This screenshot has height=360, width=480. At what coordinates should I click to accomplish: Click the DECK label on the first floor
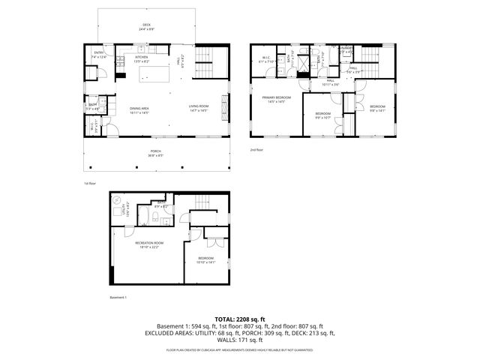[147, 25]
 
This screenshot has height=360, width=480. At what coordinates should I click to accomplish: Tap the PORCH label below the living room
[155, 151]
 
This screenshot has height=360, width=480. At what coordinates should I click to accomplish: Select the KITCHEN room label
[141, 57]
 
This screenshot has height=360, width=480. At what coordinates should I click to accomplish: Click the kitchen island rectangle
[142, 75]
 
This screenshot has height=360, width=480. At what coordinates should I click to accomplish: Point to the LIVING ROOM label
[199, 106]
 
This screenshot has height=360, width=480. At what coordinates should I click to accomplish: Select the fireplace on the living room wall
[223, 104]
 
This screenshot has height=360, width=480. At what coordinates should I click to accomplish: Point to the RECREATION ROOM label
[149, 244]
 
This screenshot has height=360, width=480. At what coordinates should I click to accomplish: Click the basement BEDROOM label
[205, 259]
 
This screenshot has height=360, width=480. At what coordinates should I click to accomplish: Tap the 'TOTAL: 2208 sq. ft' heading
[240, 319]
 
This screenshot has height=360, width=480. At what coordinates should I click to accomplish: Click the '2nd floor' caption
[257, 150]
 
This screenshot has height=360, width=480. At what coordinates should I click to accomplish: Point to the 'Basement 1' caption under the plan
[118, 297]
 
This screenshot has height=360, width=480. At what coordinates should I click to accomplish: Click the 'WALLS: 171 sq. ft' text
[240, 341]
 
